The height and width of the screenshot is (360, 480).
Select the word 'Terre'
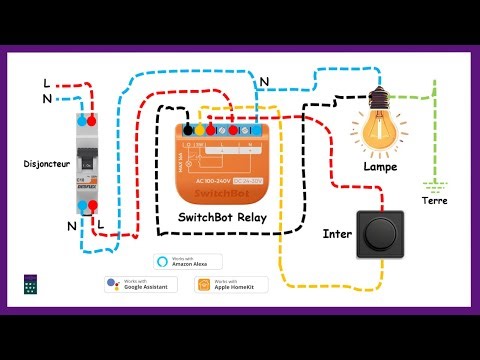coord(435,201)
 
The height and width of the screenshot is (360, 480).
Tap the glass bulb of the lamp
coord(379,133)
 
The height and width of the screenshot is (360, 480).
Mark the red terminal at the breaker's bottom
coord(91,205)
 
